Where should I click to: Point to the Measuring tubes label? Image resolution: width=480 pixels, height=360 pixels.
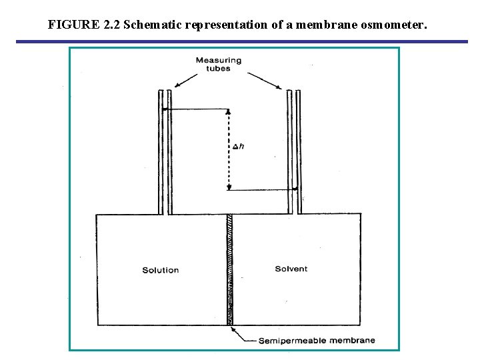tap(218, 64)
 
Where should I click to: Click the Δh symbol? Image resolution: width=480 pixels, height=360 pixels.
tap(238, 146)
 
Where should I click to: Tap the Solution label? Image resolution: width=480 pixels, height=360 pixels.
tap(161, 270)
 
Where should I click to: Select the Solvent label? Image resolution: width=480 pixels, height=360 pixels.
tap(291, 269)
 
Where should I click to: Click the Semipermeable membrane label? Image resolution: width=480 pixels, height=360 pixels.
tap(317, 341)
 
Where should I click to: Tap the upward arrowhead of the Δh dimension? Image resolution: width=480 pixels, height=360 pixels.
tap(229, 112)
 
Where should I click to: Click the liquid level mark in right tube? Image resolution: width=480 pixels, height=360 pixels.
tap(294, 189)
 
